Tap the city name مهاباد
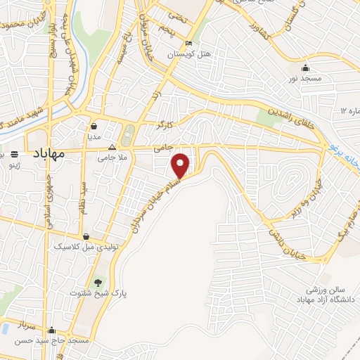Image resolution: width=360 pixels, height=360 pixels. coord(48,152)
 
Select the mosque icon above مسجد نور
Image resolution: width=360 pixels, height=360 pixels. coord(305,67)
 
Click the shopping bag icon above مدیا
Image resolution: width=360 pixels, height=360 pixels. coord(94,127)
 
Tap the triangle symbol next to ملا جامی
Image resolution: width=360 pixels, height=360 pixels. coord(113,148)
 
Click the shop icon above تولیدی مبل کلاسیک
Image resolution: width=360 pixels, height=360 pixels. coord(86,236)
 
